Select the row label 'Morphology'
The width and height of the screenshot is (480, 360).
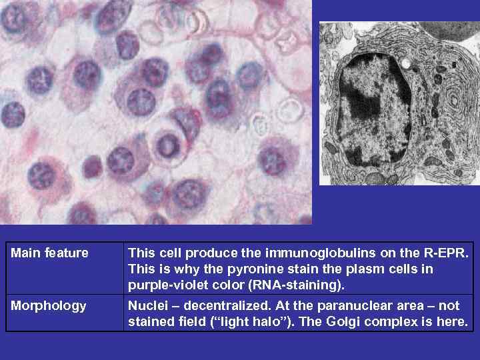click(49, 306)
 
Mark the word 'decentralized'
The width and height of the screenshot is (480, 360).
click(218, 306)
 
